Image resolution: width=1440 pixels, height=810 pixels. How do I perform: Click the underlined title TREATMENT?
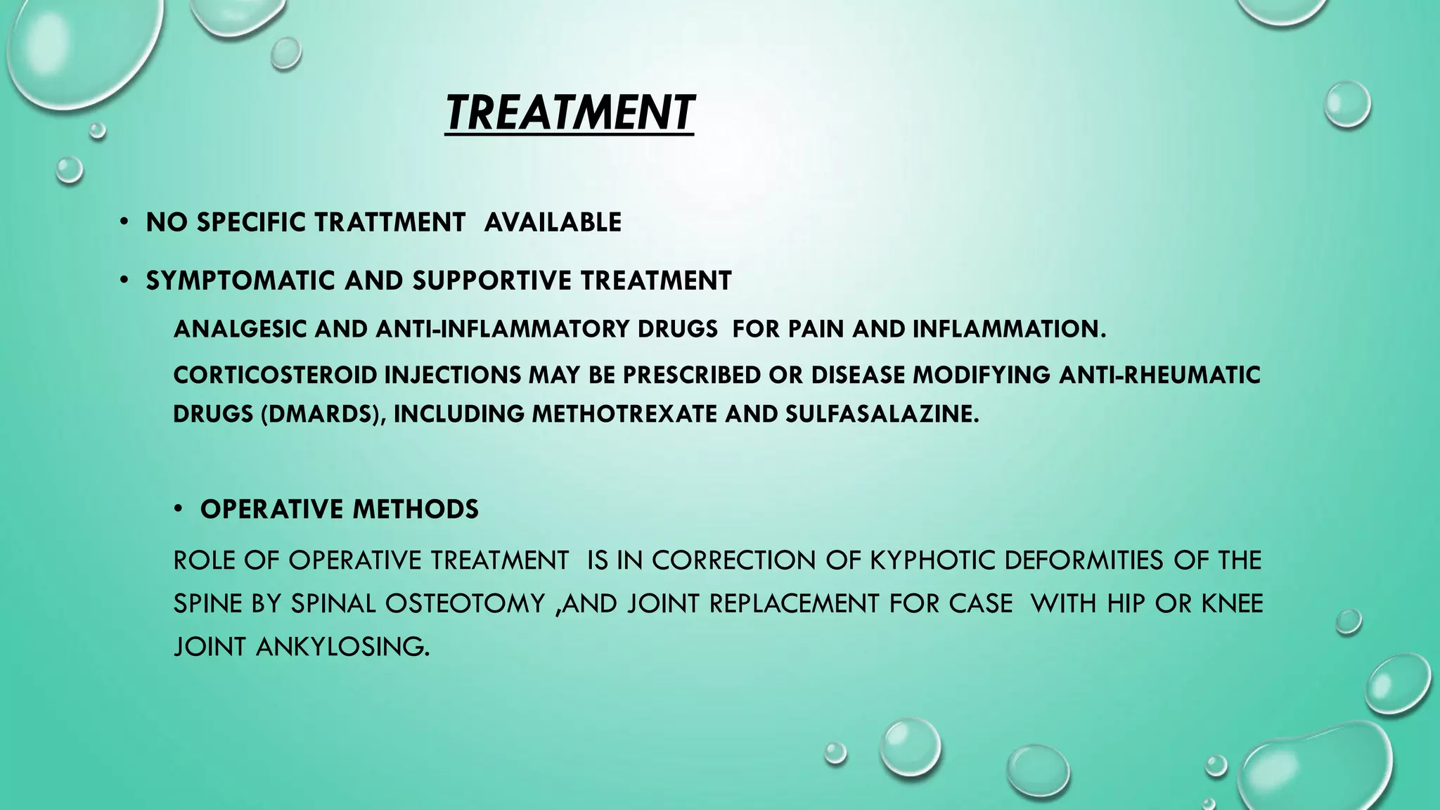click(570, 113)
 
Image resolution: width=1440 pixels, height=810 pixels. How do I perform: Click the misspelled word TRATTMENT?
click(389, 222)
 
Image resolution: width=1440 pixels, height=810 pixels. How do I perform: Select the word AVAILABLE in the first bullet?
click(553, 222)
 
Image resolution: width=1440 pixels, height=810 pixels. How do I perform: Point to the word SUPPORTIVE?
click(492, 281)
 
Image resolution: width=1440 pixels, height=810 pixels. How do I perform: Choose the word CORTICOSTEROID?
click(275, 375)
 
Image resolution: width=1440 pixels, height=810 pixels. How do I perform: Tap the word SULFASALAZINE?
click(881, 414)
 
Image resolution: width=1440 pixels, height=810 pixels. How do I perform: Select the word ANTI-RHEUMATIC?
click(1159, 375)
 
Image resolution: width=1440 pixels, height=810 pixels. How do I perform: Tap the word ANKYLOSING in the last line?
click(342, 647)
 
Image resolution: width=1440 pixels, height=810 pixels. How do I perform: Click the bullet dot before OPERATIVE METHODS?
click(179, 508)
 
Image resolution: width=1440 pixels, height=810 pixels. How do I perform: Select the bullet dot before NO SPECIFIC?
click(124, 222)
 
